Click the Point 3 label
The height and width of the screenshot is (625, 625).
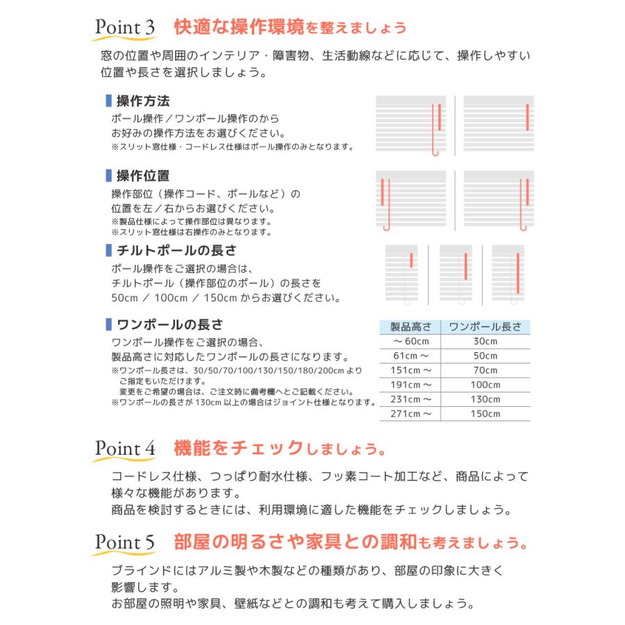[x=124, y=28]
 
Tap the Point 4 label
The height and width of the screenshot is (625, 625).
[x=124, y=448]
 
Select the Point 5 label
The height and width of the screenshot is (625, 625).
[x=124, y=541]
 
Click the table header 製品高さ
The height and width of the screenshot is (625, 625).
[x=411, y=327]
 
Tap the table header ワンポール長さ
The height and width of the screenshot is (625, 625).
[x=485, y=327]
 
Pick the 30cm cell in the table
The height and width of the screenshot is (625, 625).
[x=485, y=342]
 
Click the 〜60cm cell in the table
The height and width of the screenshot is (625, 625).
[x=411, y=342]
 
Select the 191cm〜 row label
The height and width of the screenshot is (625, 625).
[x=411, y=385]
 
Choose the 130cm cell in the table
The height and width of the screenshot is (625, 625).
[x=485, y=399]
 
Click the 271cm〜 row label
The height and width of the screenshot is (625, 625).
[x=411, y=414]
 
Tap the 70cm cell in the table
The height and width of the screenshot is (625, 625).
[x=485, y=370]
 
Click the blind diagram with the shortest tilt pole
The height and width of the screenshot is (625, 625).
[x=406, y=274]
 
